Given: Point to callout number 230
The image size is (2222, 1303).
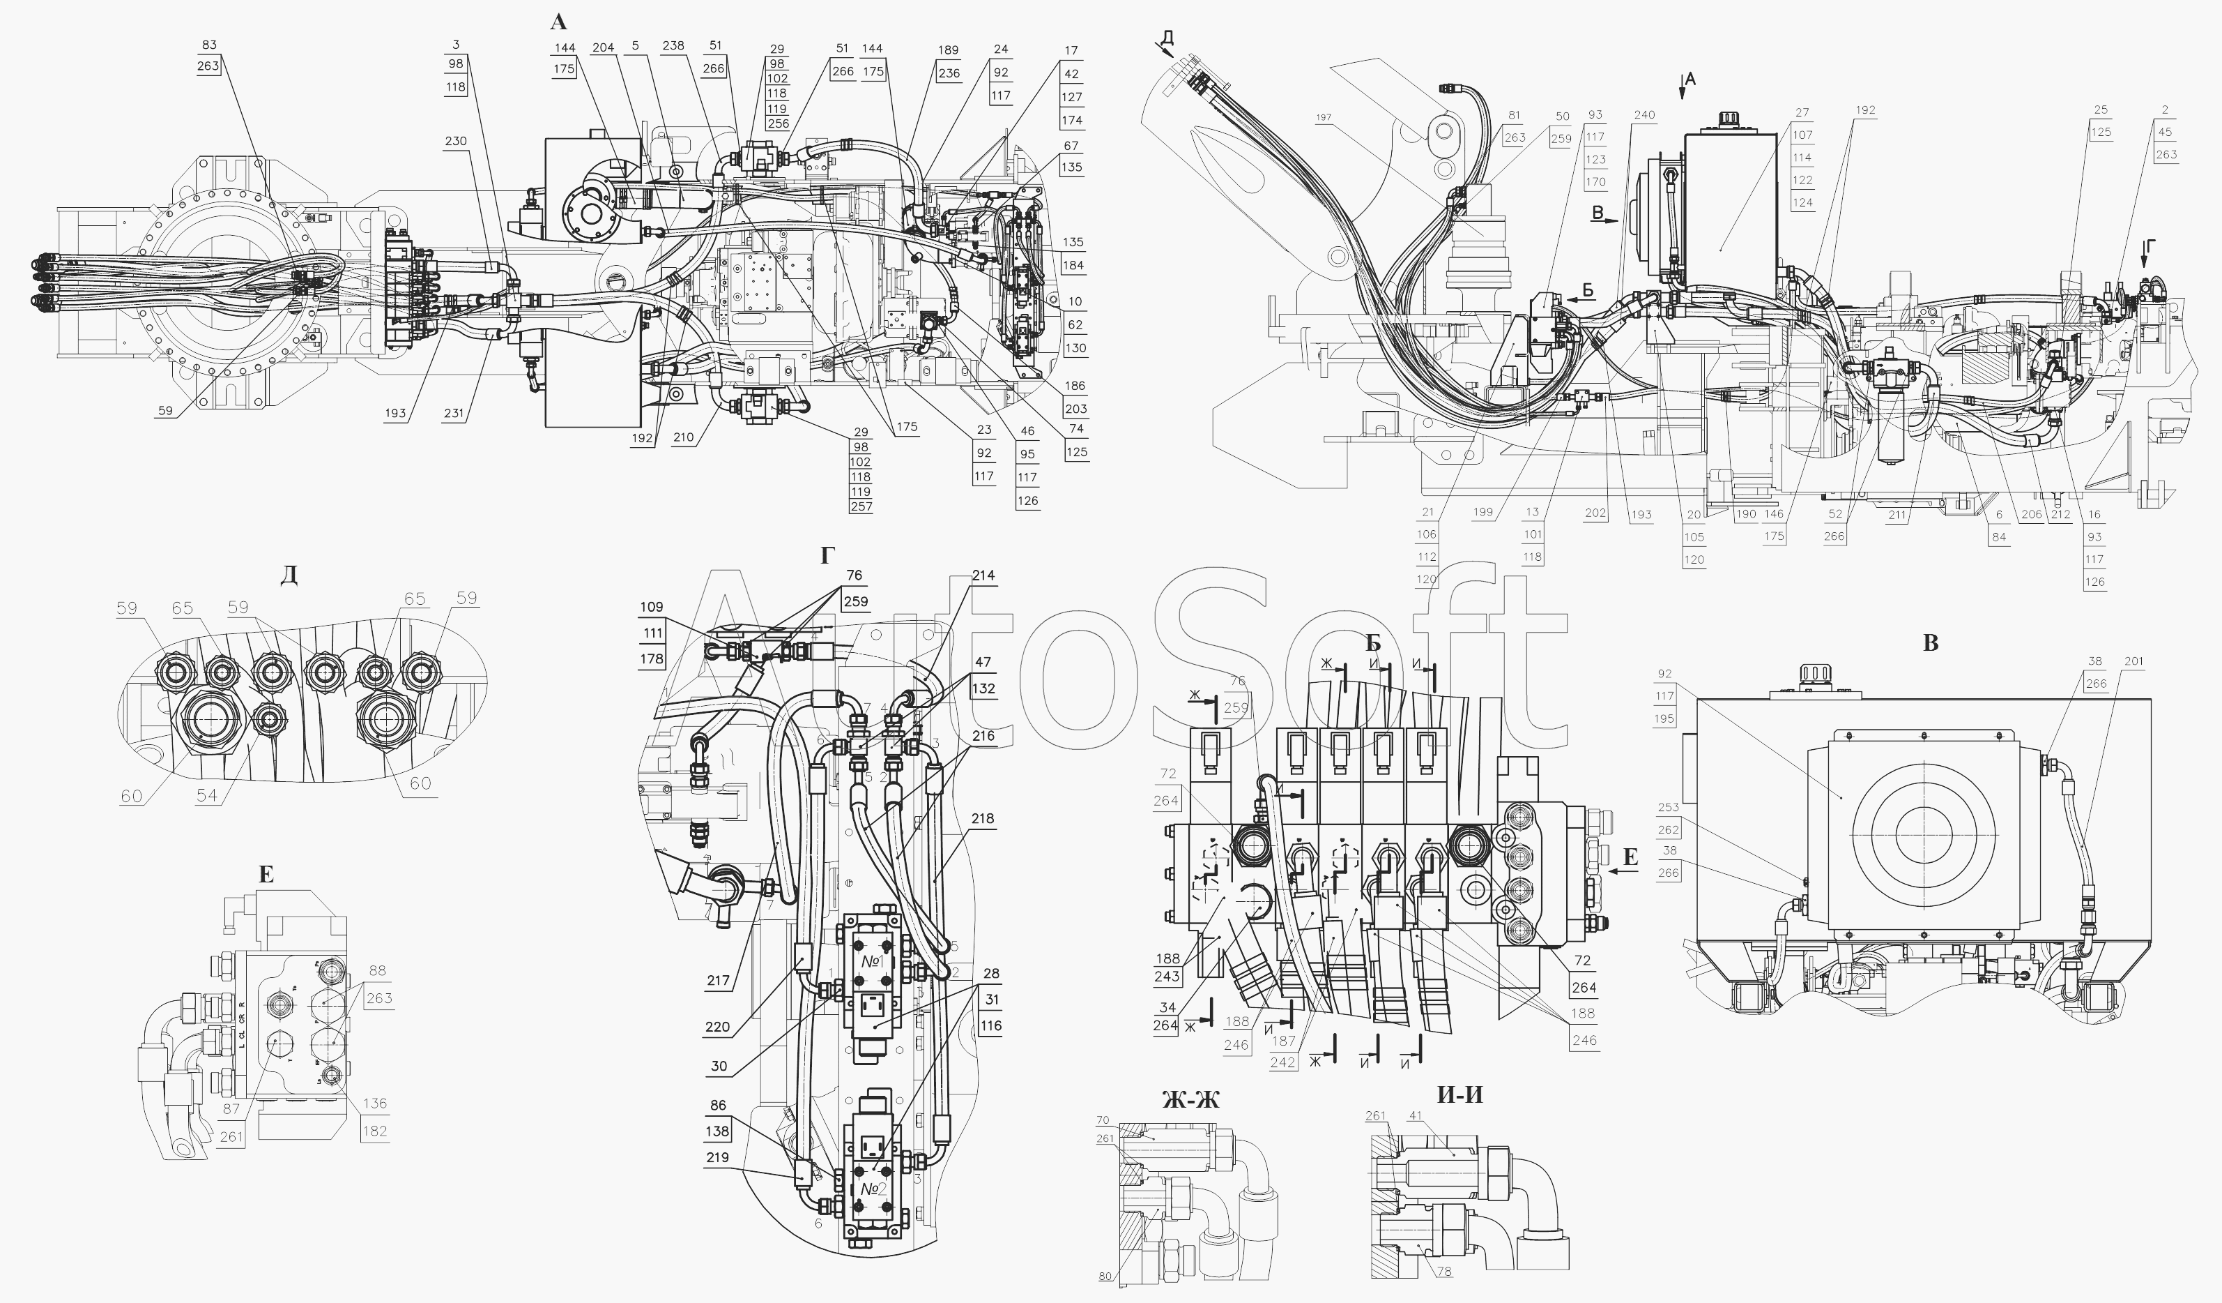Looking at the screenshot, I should (456, 141).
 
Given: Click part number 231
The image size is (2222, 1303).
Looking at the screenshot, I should (453, 413).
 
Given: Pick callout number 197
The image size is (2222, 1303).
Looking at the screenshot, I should (1324, 116).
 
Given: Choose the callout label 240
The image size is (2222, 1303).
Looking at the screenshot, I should (1643, 114).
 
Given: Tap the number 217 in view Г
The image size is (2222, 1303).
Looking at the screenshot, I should (718, 980).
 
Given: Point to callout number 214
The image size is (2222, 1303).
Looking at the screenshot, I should (983, 575).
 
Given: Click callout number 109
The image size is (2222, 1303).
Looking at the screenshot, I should (652, 607).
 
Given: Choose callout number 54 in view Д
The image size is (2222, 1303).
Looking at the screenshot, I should (206, 796).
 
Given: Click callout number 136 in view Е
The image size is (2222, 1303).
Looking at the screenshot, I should (375, 1104).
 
